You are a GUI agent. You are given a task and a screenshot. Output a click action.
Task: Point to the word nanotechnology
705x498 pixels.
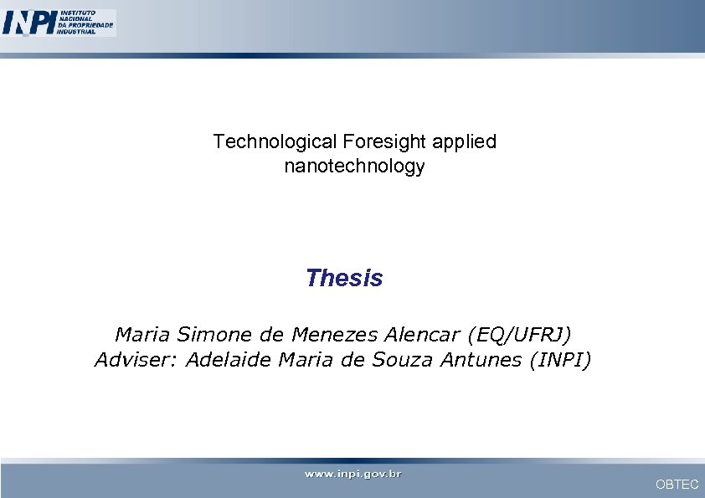tap(354, 167)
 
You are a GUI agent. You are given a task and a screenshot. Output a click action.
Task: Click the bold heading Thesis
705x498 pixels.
tap(344, 278)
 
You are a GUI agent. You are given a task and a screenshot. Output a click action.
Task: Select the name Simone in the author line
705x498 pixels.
tap(208, 336)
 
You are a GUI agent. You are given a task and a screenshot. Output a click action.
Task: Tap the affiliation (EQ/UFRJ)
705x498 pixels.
tap(520, 336)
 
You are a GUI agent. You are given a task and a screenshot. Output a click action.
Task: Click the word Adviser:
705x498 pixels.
tap(136, 361)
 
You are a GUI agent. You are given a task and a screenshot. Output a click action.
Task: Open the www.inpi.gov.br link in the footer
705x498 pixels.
tap(352, 475)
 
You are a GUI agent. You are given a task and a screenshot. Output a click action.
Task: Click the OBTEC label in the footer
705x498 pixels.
tap(677, 485)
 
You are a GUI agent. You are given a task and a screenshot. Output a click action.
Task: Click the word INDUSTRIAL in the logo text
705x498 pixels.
tap(76, 32)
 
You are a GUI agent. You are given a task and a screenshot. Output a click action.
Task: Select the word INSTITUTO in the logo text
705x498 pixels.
tap(76, 13)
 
